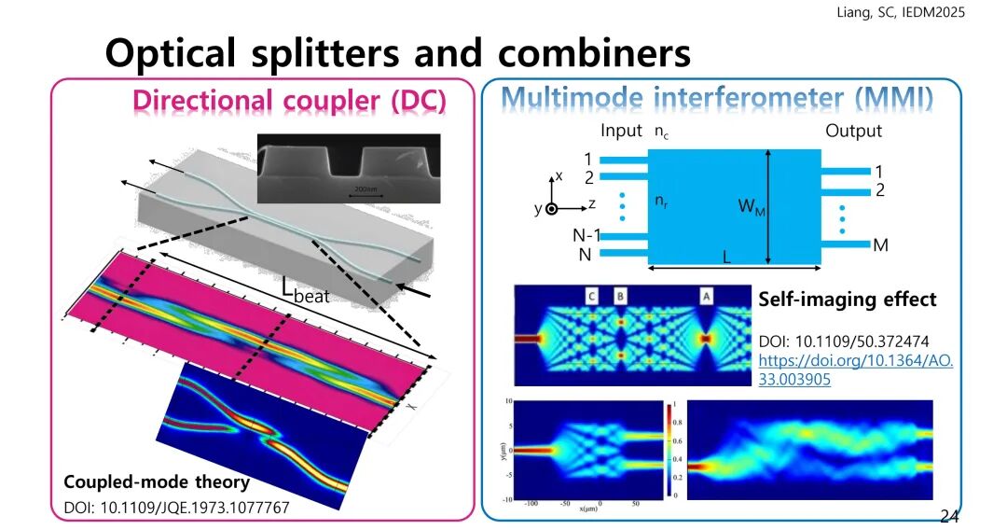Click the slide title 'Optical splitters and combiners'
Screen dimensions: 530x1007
[398, 53]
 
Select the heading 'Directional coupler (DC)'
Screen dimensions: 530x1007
[289, 99]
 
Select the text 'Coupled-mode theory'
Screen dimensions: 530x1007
[157, 482]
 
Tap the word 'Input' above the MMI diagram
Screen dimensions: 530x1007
[621, 131]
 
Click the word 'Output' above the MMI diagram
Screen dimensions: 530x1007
[852, 131]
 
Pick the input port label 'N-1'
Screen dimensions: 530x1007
[586, 235]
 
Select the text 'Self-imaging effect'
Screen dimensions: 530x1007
[847, 300]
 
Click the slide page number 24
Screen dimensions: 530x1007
[949, 516]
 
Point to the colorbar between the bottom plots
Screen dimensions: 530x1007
[669, 450]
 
